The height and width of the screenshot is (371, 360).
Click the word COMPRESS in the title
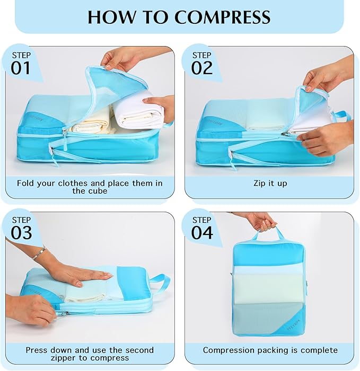pos(223,17)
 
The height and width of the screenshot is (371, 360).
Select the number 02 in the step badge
pos(202,68)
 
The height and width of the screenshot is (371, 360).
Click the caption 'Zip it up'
pos(270,184)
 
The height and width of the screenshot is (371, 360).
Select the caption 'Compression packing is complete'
pos(270,350)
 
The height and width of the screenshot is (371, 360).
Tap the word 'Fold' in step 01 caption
pos(27,183)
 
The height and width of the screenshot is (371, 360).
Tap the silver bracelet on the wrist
pos(39,253)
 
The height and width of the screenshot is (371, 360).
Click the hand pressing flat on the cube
pos(85,275)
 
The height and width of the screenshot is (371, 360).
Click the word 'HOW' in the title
pos(108,17)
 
